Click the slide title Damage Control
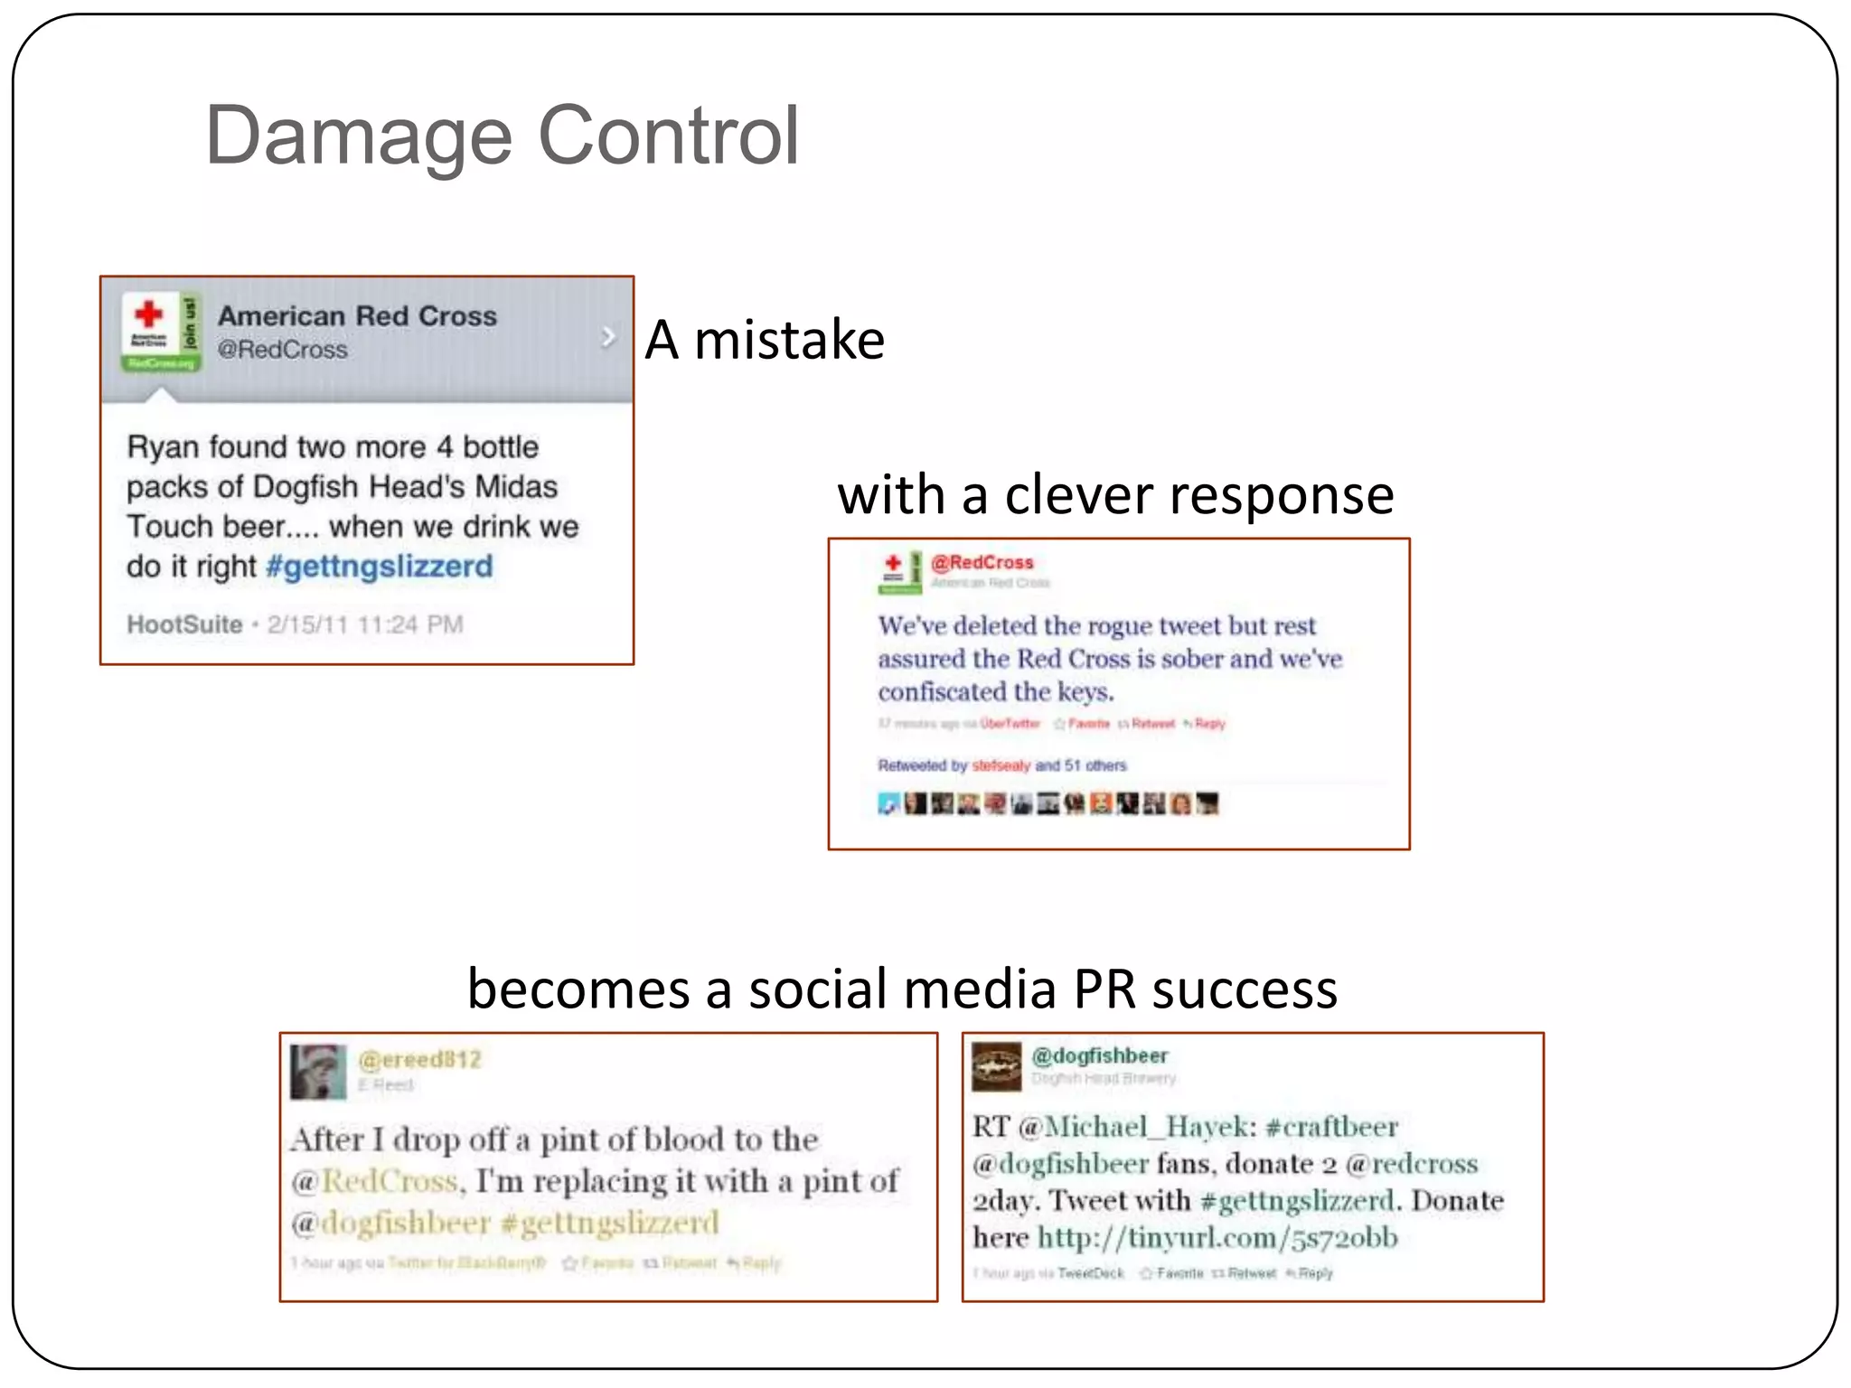click(x=502, y=136)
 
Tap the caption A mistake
click(x=765, y=340)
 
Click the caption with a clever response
click(x=1115, y=495)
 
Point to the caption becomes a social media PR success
click(x=902, y=989)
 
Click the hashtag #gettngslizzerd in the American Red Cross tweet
click(x=380, y=567)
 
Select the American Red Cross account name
click(x=357, y=315)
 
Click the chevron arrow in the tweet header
click(x=608, y=337)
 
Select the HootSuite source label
click(x=184, y=624)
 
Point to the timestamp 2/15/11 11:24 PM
click(x=365, y=624)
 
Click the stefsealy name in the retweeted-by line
click(x=1001, y=766)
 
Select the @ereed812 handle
click(x=420, y=1059)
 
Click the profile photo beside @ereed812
click(x=318, y=1072)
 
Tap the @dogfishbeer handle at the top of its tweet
click(x=1100, y=1055)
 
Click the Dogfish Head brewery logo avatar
click(x=996, y=1066)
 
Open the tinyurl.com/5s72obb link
click(x=1217, y=1237)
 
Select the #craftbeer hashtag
click(x=1331, y=1127)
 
